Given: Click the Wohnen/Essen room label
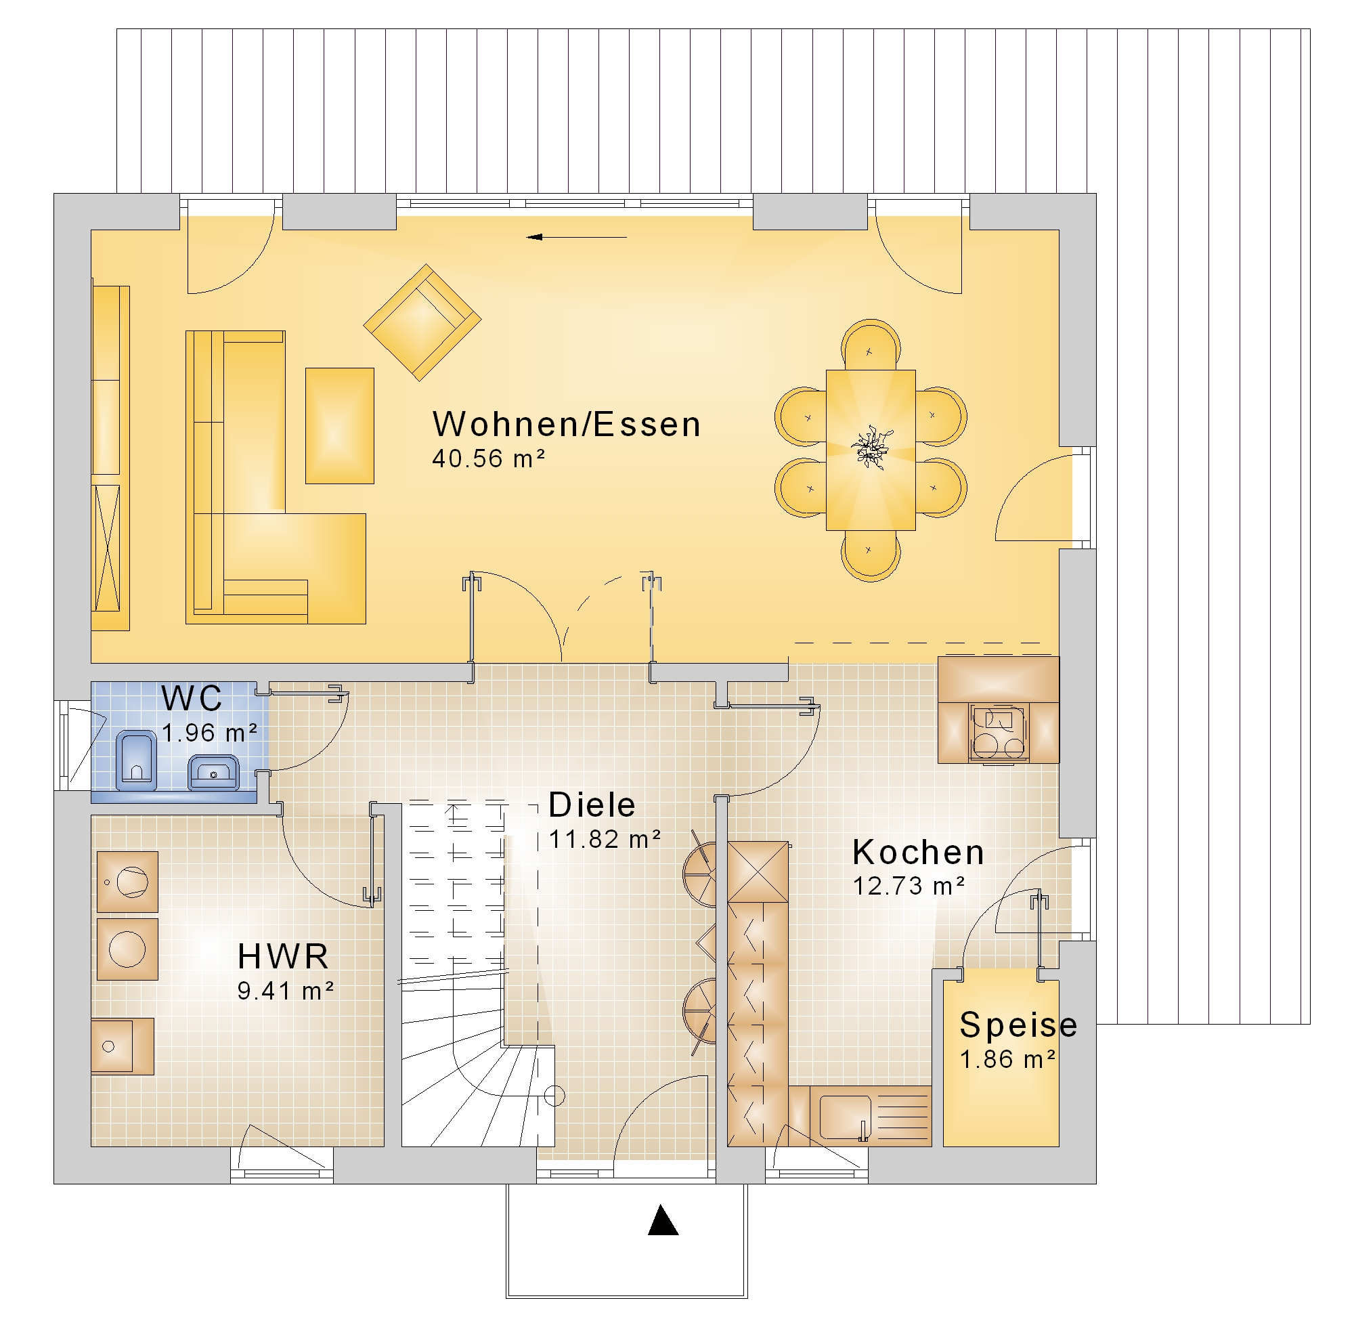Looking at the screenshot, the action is pos(567,424).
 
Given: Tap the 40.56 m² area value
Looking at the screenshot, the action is pos(488,459).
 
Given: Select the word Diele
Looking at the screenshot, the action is pos(592,805).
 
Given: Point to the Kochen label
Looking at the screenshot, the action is pos(918,852).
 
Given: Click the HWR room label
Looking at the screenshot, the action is pos(283,956).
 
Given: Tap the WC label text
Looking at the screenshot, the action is pos(192,698).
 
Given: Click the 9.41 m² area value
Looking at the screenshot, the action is pos(286,991).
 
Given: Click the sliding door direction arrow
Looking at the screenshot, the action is pos(577,238).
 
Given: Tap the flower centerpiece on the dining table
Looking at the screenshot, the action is pos(871,448).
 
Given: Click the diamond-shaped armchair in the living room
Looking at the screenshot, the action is pos(422,322).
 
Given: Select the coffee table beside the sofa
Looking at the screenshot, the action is pos(339,425).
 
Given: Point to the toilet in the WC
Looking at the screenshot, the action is pos(136,760).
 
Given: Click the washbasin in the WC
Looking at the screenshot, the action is pos(214,772).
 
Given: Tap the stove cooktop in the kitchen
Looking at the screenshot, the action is pos(998,731).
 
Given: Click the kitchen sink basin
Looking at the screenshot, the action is pos(845,1117).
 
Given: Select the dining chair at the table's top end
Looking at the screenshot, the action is pos(871,345).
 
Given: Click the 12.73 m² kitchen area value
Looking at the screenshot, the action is pos(909,886).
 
